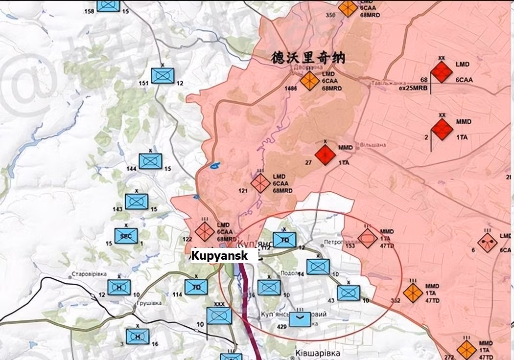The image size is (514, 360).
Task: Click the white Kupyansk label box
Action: [224, 255]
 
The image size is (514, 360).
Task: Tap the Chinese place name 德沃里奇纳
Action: [308, 58]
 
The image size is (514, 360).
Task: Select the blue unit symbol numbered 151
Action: [163, 75]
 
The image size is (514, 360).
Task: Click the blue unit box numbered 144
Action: [150, 161]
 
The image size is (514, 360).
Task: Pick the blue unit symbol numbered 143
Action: [136, 202]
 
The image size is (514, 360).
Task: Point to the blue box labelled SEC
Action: [126, 236]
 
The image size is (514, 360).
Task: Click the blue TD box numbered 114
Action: [196, 287]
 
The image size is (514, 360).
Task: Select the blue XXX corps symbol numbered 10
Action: [219, 316]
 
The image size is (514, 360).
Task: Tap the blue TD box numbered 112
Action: [284, 239]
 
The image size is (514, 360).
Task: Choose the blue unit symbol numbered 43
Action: [348, 293]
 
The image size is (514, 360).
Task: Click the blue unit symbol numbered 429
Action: [300, 319]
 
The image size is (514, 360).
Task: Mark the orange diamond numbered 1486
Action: [309, 81]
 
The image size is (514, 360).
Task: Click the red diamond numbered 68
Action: [443, 73]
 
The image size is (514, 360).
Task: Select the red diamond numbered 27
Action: [326, 155]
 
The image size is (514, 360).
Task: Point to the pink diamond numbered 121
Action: [260, 183]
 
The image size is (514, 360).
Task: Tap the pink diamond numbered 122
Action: [205, 231]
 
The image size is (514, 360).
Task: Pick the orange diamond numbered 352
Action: [413, 292]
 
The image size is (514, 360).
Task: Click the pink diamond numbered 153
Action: [367, 238]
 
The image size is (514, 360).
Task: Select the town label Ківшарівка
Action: [318, 353]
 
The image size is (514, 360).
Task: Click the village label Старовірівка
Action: [89, 274]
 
